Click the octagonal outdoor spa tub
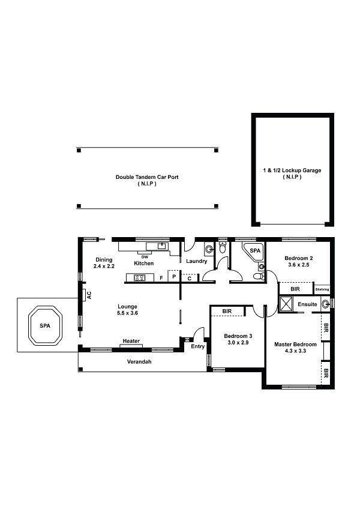45,325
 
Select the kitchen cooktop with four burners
140,277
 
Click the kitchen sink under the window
161,245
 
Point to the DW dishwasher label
145,257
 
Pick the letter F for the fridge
161,278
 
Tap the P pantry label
174,277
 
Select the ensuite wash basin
325,304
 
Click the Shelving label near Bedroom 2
322,289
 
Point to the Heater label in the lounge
131,341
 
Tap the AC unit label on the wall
89,295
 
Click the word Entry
197,346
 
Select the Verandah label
139,361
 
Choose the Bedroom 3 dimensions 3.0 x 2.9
238,343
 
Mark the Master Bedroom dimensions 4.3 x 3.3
295,351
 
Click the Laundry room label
196,261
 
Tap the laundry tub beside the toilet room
209,249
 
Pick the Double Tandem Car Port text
147,177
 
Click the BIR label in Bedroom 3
227,312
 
